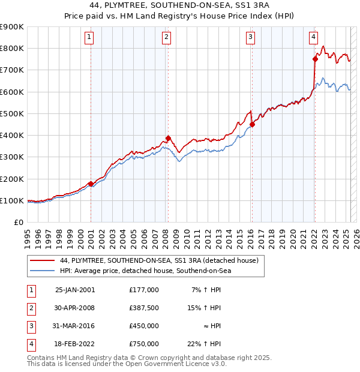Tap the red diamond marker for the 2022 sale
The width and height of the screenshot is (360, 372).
[x=315, y=59]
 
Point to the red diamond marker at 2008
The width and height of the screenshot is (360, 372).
[x=168, y=137]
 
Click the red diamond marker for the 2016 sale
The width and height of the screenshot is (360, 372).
[x=252, y=124]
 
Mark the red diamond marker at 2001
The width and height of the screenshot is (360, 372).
[x=91, y=184]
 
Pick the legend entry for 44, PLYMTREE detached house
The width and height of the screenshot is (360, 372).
[x=159, y=260]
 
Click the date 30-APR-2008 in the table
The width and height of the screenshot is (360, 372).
[x=75, y=308]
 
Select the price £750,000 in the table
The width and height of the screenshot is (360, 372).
[x=144, y=344]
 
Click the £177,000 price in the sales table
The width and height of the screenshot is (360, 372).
[x=144, y=290]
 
